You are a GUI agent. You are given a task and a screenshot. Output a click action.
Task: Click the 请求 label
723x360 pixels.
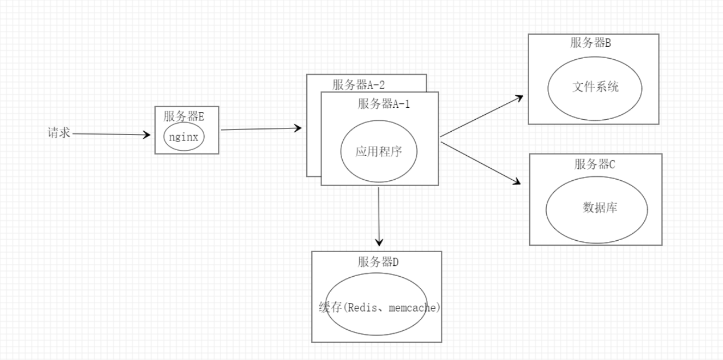[59, 133]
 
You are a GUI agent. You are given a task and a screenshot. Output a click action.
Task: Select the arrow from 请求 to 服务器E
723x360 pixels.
[112, 135]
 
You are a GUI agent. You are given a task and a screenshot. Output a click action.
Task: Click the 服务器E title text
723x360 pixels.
[184, 116]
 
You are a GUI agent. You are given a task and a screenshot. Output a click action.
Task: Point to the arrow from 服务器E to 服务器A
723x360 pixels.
[261, 129]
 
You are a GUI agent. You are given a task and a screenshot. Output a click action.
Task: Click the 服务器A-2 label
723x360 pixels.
[359, 85]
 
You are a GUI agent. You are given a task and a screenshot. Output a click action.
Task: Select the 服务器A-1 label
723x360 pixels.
[384, 104]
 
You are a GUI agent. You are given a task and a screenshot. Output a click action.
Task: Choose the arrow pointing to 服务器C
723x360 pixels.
[482, 163]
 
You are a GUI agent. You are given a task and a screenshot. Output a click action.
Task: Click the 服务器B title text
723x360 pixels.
[591, 43]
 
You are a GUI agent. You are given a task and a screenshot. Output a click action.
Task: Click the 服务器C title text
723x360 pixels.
[595, 164]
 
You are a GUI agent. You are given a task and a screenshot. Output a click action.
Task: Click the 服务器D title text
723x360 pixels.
[378, 262]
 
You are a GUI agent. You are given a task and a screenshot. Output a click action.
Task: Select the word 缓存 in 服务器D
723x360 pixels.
[330, 307]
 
